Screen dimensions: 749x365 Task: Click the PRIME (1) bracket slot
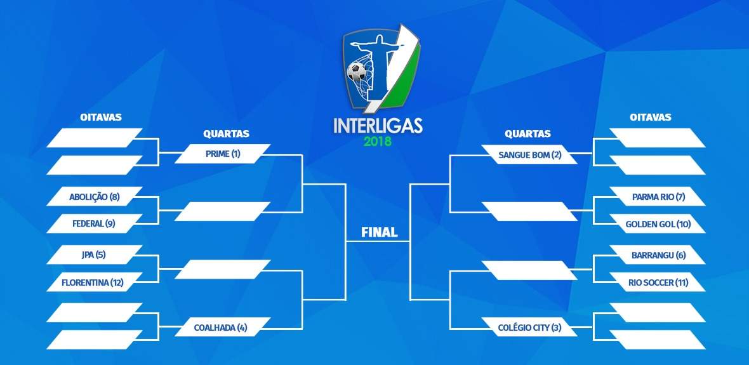[223, 154]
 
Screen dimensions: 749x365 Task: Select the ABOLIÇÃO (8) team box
[95, 196]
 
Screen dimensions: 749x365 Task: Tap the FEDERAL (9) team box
[95, 223]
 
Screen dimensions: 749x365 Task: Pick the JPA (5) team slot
[95, 255]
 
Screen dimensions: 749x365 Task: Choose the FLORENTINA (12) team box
[95, 282]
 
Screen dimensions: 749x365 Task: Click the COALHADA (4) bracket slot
[223, 328]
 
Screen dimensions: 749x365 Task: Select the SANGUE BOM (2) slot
[529, 154]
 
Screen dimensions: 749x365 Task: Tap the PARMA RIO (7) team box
[658, 196]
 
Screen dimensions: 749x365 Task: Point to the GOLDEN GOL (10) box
[658, 223]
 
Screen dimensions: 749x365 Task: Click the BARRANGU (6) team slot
[658, 255]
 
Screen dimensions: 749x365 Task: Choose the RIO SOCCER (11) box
[658, 282]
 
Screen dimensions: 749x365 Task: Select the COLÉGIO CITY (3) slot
[529, 328]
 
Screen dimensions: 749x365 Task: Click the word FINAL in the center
[380, 233]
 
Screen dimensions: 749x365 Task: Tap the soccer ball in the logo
[356, 72]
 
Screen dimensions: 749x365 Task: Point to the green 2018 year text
[378, 142]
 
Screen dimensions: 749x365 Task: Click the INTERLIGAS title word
[378, 126]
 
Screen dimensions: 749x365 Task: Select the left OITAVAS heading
[101, 117]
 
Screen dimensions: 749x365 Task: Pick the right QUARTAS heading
[528, 134]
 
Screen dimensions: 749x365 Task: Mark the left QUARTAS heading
[227, 134]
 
